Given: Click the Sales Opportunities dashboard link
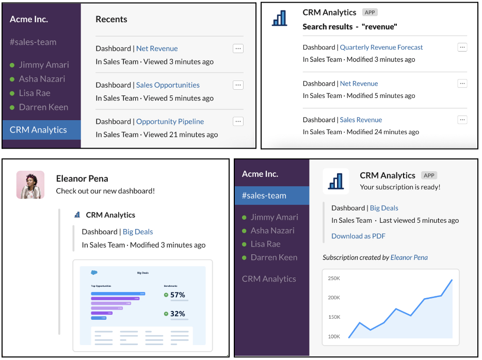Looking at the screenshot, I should pos(168,85).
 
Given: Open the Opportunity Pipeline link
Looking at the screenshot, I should pos(170,122).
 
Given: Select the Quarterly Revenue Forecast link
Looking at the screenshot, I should pos(381,47).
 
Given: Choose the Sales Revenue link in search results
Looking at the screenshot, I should pos(361,120).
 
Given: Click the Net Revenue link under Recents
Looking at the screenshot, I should pos(157,48).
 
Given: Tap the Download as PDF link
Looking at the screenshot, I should pos(358,236).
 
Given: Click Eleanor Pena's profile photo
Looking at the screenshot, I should pos(30,185).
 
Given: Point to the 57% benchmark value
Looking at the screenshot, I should pos(178,295).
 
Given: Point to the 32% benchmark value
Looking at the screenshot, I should pos(178,314).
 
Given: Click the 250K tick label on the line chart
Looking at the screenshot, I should pos(334,279).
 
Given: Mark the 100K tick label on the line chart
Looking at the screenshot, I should pos(334,337).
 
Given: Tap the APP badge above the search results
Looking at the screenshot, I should pos(369,12).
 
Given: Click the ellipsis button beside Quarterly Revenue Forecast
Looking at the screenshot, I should pos(462,47).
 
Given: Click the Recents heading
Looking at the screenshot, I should pos(111,19).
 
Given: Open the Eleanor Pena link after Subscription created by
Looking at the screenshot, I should pos(409,257).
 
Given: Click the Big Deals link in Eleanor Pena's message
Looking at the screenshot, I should pos(138,232).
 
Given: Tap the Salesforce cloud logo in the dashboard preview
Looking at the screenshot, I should pos(94,272).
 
